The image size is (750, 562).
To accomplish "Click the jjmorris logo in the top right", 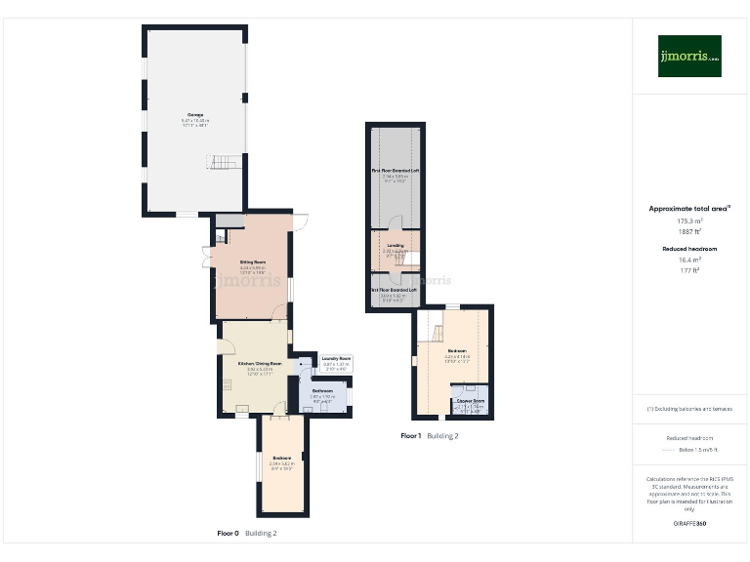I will [x=689, y=56].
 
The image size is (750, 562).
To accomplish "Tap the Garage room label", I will [x=196, y=115].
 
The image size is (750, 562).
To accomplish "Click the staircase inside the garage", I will [x=227, y=162].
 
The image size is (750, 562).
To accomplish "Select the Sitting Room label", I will [x=253, y=261].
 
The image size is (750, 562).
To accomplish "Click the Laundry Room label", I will [x=336, y=358].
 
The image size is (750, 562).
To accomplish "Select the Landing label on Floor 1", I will [x=395, y=245].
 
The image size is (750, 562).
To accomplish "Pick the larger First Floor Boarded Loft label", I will [x=395, y=170].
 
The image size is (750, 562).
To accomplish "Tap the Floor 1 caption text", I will [x=411, y=436].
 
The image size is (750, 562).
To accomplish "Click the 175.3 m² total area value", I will [x=690, y=221].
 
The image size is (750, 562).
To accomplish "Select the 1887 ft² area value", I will [x=690, y=231].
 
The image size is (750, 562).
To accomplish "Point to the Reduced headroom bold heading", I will [x=690, y=250].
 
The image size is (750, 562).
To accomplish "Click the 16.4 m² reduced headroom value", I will [x=690, y=261].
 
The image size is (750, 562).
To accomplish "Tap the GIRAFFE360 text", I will [x=690, y=524].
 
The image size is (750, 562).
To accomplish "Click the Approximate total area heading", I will [x=689, y=209].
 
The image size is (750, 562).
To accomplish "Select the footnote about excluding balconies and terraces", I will [x=690, y=409].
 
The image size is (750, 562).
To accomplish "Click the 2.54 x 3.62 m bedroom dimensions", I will [x=281, y=462].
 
